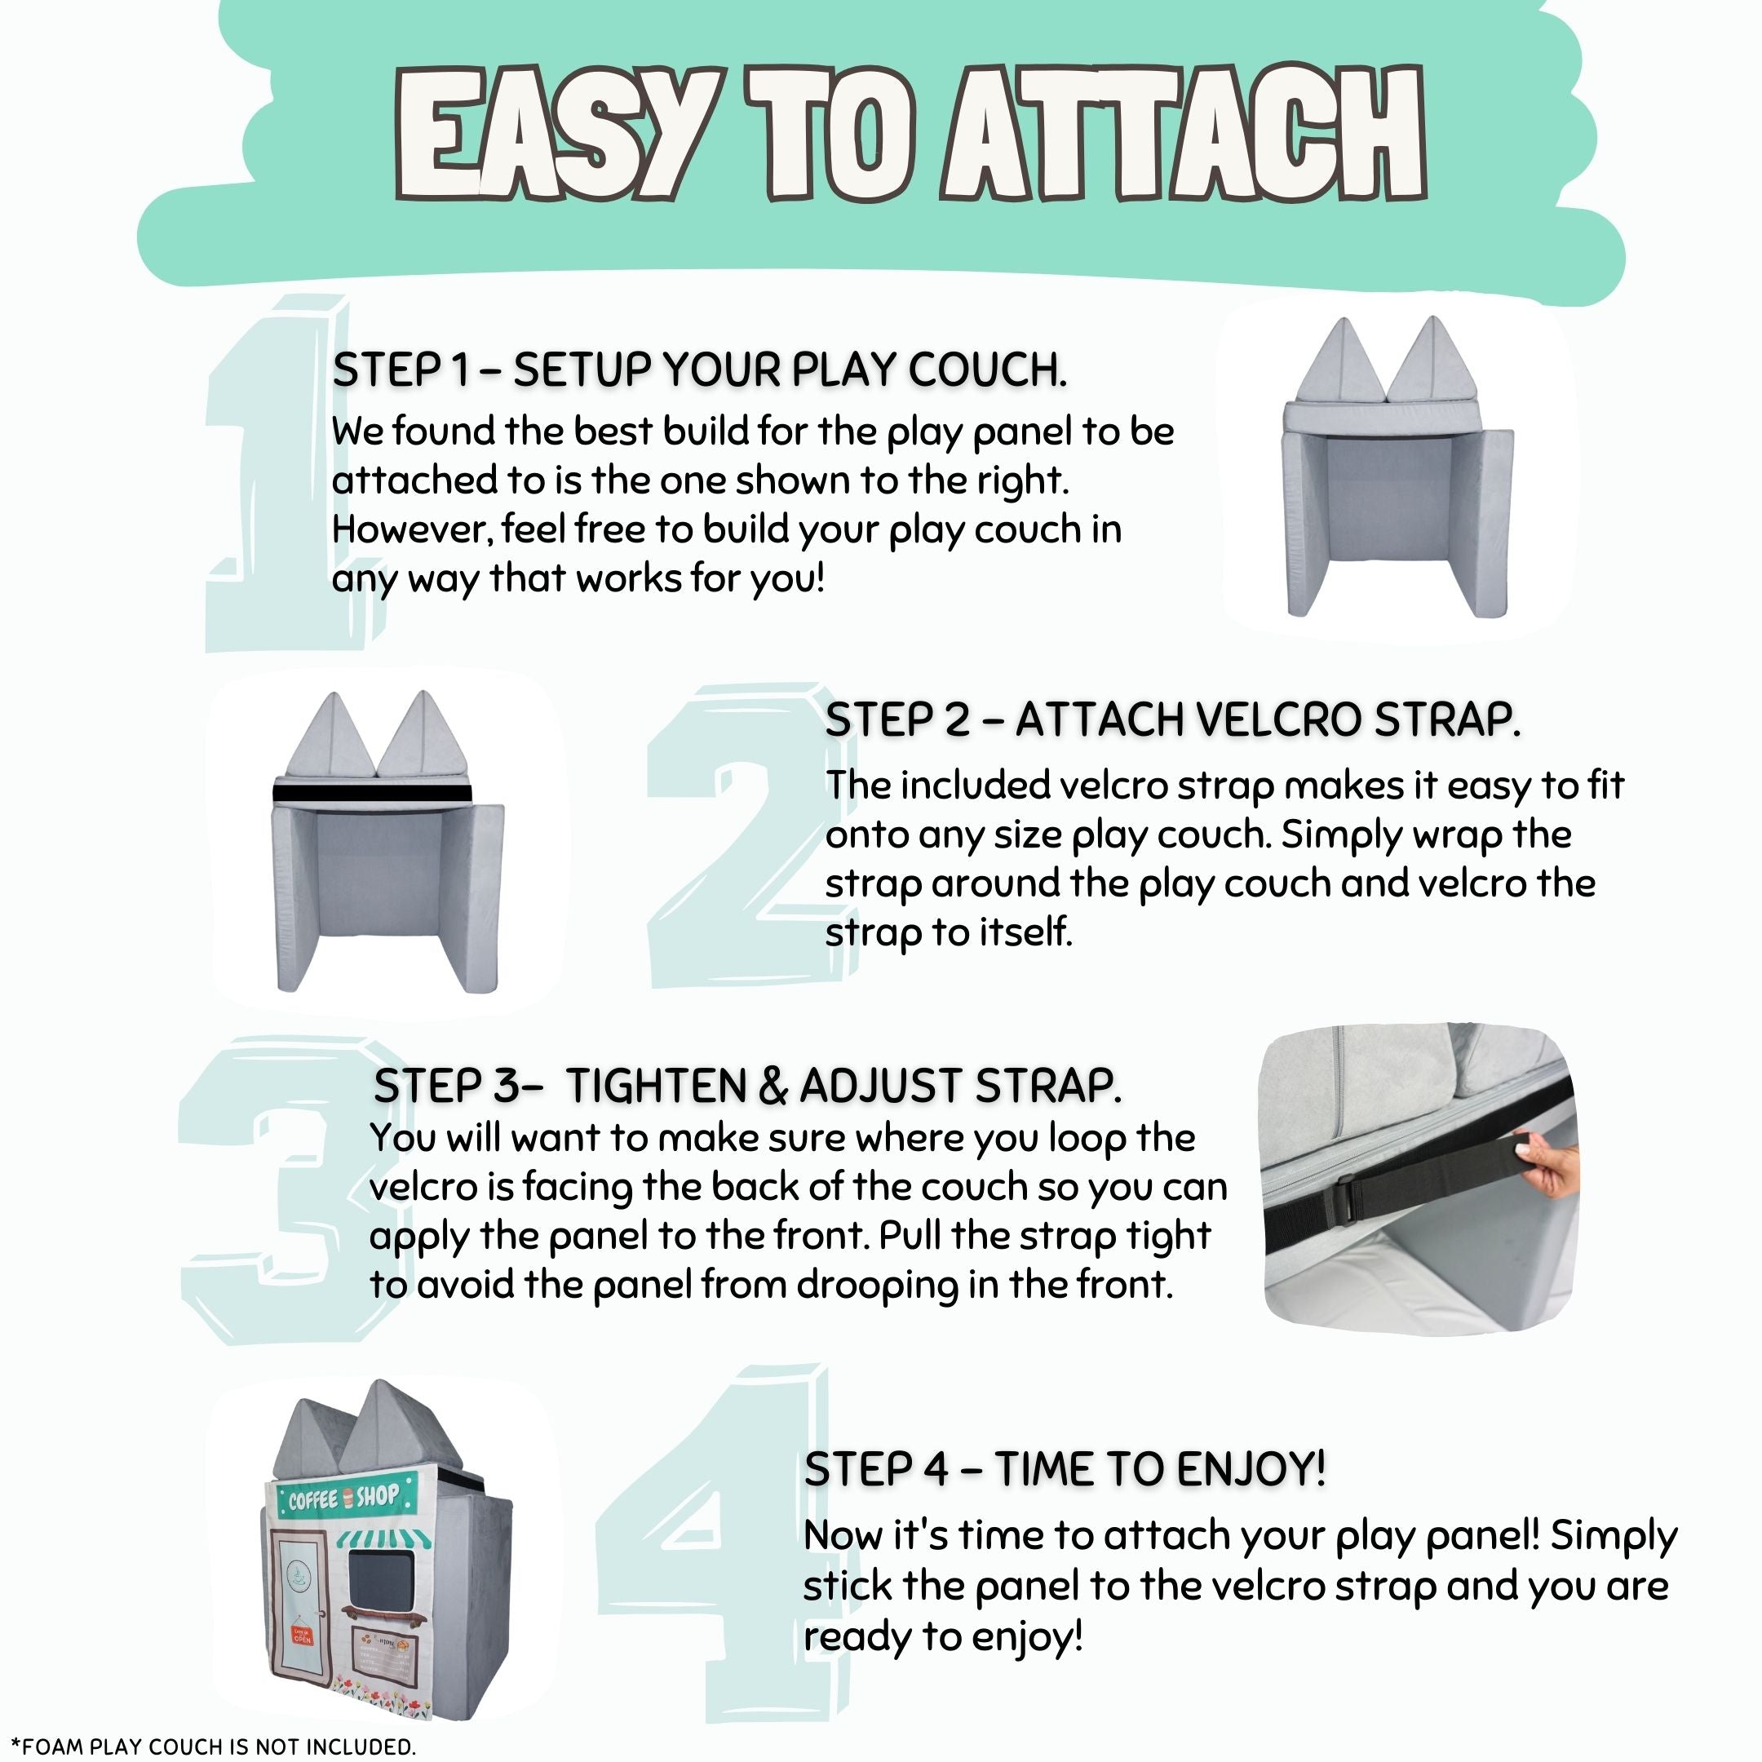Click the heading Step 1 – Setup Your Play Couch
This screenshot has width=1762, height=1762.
pos(700,370)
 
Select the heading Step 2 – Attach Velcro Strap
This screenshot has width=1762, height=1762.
pos(1173,719)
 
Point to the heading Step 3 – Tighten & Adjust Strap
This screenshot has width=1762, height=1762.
pos(748,1085)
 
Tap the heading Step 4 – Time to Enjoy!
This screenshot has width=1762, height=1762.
pos(1065,1468)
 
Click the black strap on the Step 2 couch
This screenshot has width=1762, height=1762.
pos(372,793)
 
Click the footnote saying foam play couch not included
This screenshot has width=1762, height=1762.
pos(212,1746)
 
